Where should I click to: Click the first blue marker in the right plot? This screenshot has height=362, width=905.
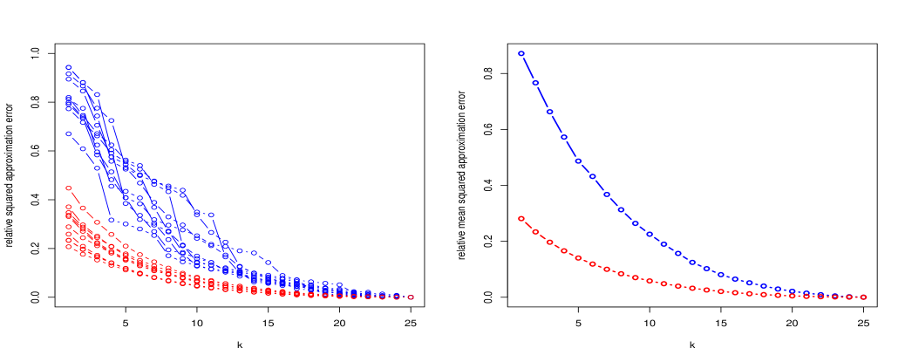click(521, 53)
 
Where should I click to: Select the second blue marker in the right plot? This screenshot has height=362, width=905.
click(535, 83)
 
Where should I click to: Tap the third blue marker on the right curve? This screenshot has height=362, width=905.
click(549, 112)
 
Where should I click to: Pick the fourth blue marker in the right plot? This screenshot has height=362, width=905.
click(564, 137)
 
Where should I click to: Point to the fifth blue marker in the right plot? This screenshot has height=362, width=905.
click(578, 161)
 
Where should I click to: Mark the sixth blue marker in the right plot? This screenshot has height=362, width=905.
click(592, 176)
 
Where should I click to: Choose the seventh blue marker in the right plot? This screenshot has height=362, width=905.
click(607, 195)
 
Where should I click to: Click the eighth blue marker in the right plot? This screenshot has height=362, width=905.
click(621, 209)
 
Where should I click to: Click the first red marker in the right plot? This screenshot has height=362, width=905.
click(521, 218)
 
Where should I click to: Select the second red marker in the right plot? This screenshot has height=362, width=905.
click(535, 232)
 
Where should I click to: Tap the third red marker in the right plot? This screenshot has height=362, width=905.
click(549, 242)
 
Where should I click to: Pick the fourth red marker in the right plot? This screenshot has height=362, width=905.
click(564, 251)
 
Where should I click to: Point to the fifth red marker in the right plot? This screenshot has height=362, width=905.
click(578, 258)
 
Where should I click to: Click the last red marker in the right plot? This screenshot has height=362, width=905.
click(863, 297)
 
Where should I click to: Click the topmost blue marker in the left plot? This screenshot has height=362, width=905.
click(68, 67)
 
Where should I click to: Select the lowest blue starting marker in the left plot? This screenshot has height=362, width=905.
click(68, 133)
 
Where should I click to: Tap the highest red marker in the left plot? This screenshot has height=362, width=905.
click(68, 188)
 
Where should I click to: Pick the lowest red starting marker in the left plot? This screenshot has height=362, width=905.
click(68, 247)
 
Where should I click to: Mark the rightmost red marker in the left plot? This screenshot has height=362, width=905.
click(411, 297)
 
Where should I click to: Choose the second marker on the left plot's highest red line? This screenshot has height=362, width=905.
click(83, 208)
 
